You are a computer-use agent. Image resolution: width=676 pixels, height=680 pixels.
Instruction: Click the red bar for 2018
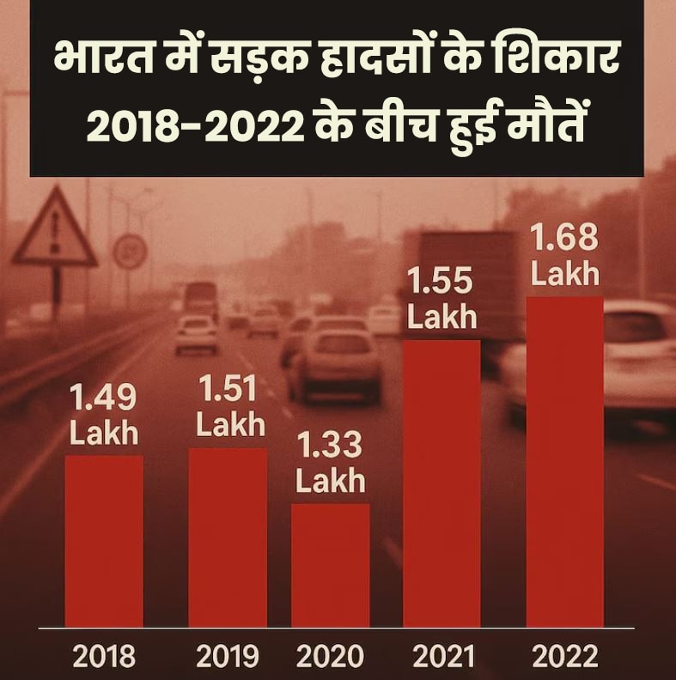click(x=104, y=541)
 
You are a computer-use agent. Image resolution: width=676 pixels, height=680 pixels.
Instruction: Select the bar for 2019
click(x=228, y=537)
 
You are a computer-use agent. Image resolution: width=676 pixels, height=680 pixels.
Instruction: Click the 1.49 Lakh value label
click(x=104, y=416)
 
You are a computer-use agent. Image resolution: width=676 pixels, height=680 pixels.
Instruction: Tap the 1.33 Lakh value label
click(x=331, y=464)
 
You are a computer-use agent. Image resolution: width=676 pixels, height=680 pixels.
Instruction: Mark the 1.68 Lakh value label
click(x=564, y=256)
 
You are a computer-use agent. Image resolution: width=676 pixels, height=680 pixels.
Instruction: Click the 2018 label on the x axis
click(x=104, y=658)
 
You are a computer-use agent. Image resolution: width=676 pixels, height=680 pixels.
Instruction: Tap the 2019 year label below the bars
click(x=228, y=658)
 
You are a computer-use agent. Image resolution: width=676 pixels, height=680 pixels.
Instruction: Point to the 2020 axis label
click(x=331, y=658)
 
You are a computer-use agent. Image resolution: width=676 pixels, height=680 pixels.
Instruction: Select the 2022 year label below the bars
click(x=564, y=658)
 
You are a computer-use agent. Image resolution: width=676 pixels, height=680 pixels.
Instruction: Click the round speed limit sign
click(x=130, y=251)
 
